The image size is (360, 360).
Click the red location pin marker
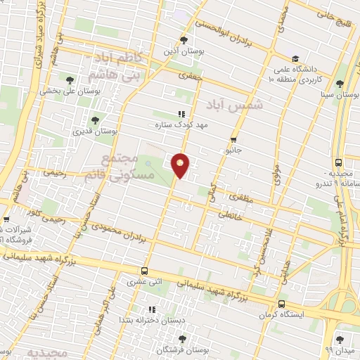181,165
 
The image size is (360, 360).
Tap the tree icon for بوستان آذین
184,40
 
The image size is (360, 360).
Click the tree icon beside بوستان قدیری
95,120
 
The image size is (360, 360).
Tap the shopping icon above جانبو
233,139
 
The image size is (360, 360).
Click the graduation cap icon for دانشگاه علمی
295,59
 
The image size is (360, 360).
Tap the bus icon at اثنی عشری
144,271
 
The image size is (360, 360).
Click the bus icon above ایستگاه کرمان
281,304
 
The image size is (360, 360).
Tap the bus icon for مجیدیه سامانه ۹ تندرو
339,162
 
